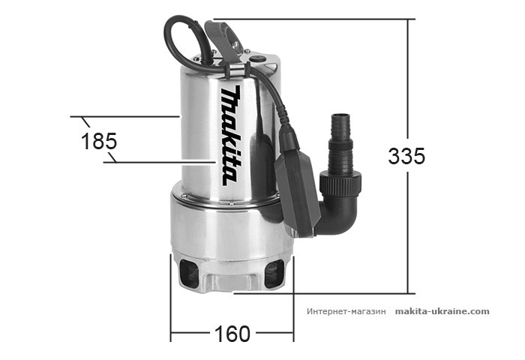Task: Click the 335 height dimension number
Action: (406, 156)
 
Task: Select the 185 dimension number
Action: (99, 141)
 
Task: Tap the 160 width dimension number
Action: (232, 334)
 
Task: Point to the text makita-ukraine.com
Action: (442, 311)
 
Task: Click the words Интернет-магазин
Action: (346, 311)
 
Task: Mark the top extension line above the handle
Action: (315, 19)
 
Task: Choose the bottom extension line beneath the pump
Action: (322, 293)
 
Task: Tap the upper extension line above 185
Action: (127, 117)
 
